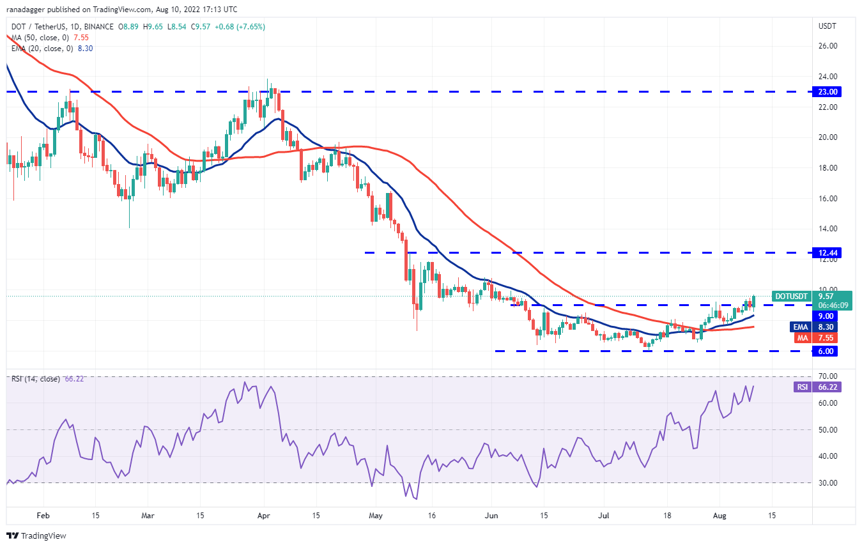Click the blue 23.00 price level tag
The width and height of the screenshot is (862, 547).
(827, 91)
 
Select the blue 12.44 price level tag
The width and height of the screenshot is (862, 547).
(827, 252)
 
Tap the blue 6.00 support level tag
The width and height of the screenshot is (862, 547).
(825, 351)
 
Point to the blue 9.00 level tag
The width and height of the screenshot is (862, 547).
(825, 316)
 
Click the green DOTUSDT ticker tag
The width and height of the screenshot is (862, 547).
(791, 297)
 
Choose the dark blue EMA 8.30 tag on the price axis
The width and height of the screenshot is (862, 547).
(813, 327)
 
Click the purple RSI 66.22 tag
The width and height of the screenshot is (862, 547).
(817, 387)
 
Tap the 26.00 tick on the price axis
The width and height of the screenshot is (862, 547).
(827, 46)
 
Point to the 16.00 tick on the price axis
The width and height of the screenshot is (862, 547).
(827, 198)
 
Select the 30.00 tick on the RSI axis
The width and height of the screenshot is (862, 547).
(827, 482)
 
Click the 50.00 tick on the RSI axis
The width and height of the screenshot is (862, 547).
(827, 429)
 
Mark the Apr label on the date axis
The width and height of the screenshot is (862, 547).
(264, 516)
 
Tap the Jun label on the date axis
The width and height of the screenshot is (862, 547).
(491, 516)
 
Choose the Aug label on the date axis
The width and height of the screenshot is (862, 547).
(720, 516)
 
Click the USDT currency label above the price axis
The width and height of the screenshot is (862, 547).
(827, 26)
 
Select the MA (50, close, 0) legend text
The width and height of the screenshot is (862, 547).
(40, 37)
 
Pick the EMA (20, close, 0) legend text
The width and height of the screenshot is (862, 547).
(42, 48)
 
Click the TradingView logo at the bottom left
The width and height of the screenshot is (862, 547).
(36, 535)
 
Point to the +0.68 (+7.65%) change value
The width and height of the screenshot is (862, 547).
(240, 27)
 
